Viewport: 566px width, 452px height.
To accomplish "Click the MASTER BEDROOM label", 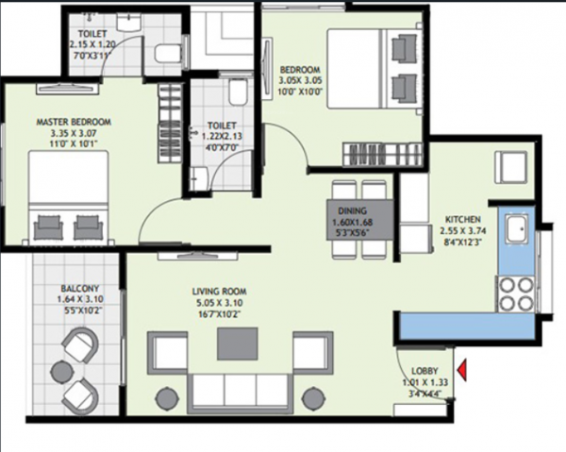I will (x=74, y=122).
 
